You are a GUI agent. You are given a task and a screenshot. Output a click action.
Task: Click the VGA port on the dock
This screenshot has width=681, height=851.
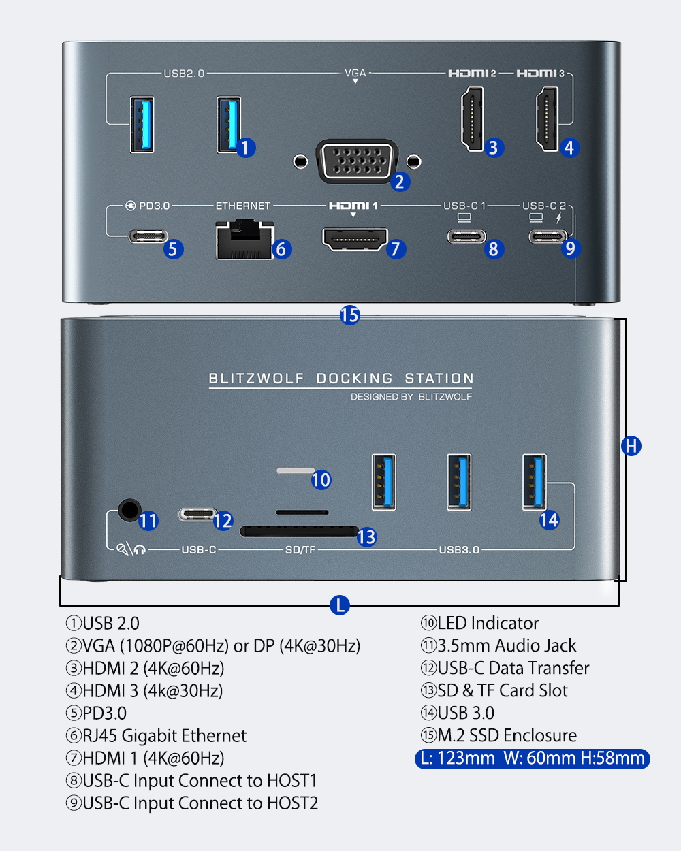357,161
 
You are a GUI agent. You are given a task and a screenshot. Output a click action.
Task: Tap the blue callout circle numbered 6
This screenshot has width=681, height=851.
281,249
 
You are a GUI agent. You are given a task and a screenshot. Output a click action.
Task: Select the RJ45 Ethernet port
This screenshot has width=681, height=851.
244,240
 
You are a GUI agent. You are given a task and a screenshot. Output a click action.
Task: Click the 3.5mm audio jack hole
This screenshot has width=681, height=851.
129,509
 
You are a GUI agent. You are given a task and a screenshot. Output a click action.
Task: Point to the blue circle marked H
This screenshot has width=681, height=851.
631,446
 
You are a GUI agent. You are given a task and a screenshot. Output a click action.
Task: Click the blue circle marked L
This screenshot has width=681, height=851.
339,605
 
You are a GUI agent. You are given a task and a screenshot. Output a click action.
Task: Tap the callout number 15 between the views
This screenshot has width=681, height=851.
349,315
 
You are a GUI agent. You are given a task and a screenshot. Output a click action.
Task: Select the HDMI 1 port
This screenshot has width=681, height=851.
355,239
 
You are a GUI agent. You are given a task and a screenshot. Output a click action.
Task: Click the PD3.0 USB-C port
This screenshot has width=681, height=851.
148,236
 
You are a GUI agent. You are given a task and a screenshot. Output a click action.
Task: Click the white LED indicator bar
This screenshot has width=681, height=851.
295,470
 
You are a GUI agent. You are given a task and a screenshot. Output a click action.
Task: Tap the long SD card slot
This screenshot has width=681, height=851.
299,531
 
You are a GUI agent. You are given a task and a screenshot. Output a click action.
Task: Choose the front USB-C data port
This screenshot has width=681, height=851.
197,514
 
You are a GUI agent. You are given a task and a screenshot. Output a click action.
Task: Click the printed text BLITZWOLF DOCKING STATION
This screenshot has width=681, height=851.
340,379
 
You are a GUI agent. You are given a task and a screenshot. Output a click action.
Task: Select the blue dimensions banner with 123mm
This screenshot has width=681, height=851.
532,758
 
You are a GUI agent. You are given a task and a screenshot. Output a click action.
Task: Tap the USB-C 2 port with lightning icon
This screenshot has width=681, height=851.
548,237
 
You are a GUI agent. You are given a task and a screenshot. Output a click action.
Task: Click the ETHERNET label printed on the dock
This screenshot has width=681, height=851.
242,206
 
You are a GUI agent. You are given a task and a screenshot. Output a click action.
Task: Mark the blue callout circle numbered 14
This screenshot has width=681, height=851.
549,520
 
